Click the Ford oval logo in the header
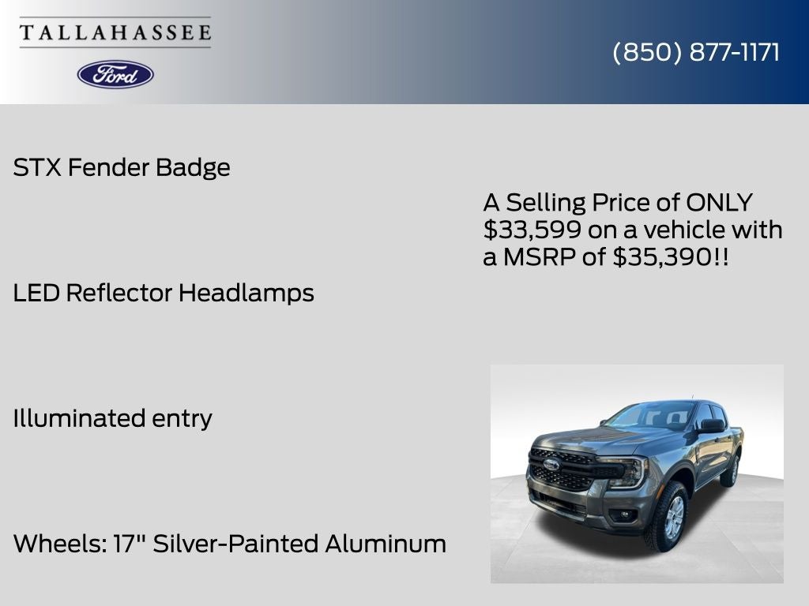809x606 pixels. coord(115,74)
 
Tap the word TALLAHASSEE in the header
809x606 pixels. coord(115,33)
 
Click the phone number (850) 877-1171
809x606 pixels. coord(696,52)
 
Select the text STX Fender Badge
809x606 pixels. coord(122,167)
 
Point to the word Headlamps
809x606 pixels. coord(246,293)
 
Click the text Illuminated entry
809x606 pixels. coord(112,418)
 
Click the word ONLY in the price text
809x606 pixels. coord(719,203)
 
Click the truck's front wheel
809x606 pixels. coord(665,517)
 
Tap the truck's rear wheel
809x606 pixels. coord(729,471)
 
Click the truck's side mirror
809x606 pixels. coord(710,426)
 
